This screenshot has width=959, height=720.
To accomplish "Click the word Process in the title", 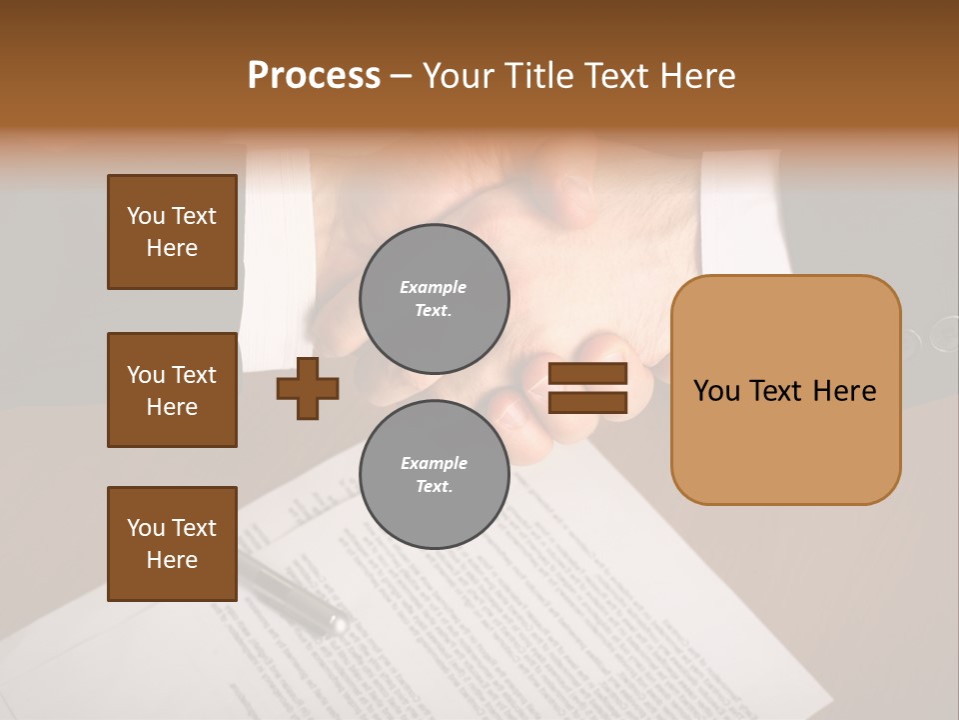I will tap(314, 76).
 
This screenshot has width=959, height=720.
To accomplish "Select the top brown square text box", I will tap(172, 232).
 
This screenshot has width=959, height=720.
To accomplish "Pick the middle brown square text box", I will tap(172, 390).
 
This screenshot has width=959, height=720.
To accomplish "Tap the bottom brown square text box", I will tap(172, 543).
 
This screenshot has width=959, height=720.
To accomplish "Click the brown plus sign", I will tap(308, 388).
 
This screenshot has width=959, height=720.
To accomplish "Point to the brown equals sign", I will tap(587, 388).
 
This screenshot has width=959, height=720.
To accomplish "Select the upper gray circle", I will tap(434, 298).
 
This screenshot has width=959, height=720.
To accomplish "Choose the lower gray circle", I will tap(434, 474).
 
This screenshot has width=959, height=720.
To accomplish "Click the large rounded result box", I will tap(785, 390).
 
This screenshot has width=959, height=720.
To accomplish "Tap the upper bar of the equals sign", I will tap(587, 373).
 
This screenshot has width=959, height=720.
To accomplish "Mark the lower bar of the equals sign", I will tap(587, 403).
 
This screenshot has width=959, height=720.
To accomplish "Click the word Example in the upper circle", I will tap(434, 287).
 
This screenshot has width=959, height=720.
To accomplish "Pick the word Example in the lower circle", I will tap(434, 463).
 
